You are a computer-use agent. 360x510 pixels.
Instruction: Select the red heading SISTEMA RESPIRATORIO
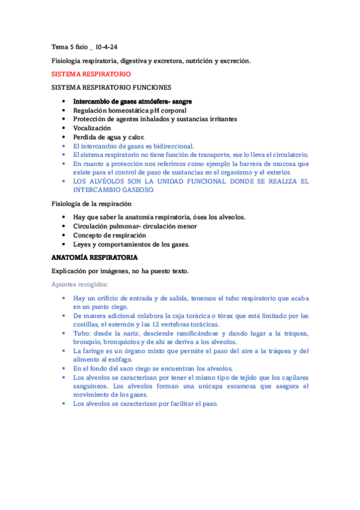91,74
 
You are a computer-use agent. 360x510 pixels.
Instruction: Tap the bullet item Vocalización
92,128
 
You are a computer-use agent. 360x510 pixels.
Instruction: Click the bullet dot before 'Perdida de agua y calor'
64,137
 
